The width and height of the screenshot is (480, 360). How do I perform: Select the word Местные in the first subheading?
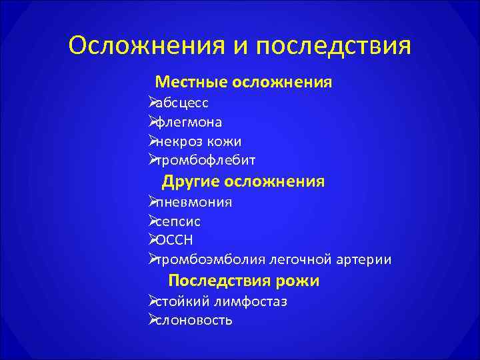coord(192,83)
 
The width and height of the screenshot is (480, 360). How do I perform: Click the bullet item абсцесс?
coord(181,103)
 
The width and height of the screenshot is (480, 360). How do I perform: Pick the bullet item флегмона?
coord(189,123)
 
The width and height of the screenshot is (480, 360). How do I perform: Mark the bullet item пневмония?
coord(193,202)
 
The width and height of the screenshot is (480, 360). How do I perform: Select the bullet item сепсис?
coord(178,221)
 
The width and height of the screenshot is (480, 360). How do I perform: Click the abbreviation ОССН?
coord(173,240)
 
